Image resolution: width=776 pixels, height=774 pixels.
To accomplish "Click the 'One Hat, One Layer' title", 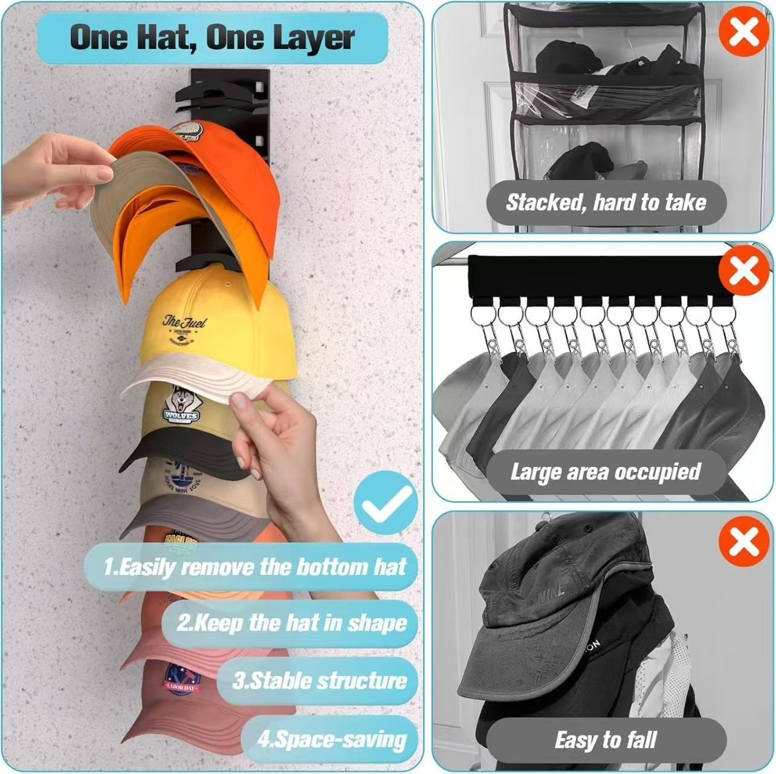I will click(x=212, y=37).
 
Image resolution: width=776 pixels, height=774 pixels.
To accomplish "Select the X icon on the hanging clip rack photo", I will click(x=743, y=273).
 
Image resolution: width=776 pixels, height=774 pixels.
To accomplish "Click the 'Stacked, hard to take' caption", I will click(x=606, y=202).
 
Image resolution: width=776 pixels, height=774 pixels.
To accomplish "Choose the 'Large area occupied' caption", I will click(x=606, y=472).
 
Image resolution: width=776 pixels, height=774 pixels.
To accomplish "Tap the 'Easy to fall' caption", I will click(x=606, y=740).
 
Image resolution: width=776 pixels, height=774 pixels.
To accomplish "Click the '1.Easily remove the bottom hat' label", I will click(x=254, y=567).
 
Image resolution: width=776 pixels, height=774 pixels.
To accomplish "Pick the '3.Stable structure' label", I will click(x=319, y=681).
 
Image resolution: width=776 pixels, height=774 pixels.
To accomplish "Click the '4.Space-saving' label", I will click(x=331, y=739).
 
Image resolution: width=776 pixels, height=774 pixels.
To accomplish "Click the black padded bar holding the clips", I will click(x=595, y=276).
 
